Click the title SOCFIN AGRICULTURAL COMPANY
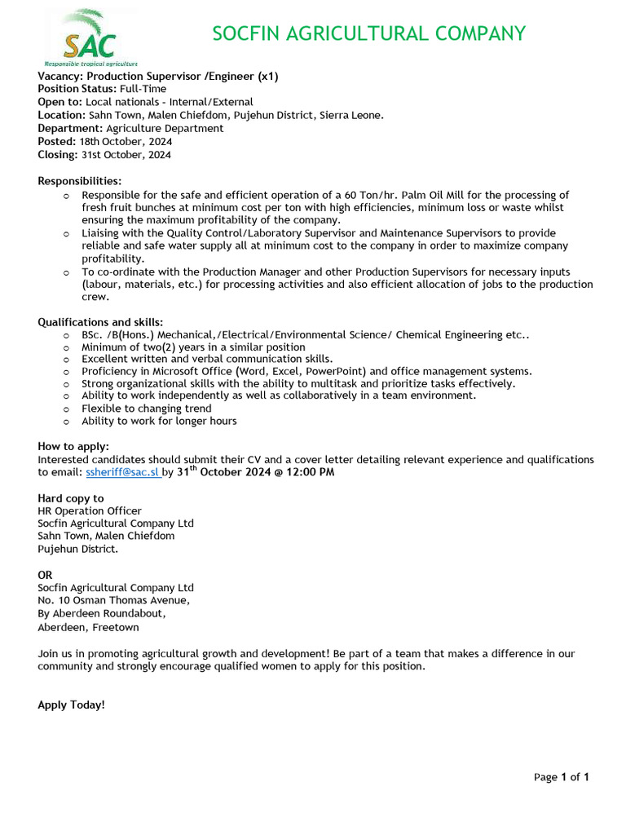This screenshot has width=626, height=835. [368, 33]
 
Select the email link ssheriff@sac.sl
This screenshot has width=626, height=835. [122, 472]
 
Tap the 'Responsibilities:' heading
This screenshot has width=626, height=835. [80, 180]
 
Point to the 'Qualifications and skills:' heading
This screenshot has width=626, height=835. [100, 322]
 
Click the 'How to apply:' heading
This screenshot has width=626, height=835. [73, 446]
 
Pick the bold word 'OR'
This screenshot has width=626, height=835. [46, 575]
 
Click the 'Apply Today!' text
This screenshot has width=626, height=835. [72, 705]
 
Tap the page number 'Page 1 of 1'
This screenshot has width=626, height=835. [561, 777]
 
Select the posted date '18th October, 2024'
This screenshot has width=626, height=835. [126, 141]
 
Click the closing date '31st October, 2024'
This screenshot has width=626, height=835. [126, 154]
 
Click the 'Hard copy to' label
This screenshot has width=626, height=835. [71, 498]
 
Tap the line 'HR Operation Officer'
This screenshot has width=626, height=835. [90, 511]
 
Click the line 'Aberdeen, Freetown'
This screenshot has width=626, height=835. [88, 627]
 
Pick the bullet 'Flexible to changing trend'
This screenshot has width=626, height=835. [147, 409]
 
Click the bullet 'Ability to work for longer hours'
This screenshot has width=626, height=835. [159, 421]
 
